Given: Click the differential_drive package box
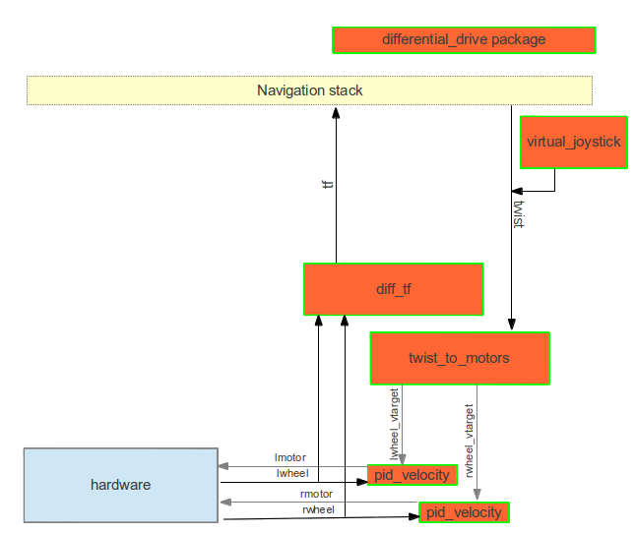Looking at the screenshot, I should coord(464,40).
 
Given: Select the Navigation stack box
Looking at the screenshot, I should coord(309,90).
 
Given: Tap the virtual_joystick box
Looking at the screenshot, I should coord(573,142).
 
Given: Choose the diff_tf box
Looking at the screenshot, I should coord(393,289).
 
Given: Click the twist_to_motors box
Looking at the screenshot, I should coord(459,358).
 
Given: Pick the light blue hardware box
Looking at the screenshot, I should coord(120,485).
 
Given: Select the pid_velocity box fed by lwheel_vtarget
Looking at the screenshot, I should coord(413,475).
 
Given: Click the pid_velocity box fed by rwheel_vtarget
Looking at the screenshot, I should coord(464,511).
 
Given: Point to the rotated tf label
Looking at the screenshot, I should coord(328,184).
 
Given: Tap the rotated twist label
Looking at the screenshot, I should coord(519,213).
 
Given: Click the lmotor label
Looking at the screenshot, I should coord(290,457).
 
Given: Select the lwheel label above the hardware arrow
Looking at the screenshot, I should coord(292,473).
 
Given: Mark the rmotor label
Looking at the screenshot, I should coord(316,494).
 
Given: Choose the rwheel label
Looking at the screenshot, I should coord(317,509).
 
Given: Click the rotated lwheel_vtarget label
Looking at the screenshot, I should coord(395,423).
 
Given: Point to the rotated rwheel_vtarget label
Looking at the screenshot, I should coord(470,439).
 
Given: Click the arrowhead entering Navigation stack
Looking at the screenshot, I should coord(336,112).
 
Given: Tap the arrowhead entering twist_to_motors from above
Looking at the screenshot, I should coord(511,325).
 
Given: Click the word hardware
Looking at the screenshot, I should coord(120,485).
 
